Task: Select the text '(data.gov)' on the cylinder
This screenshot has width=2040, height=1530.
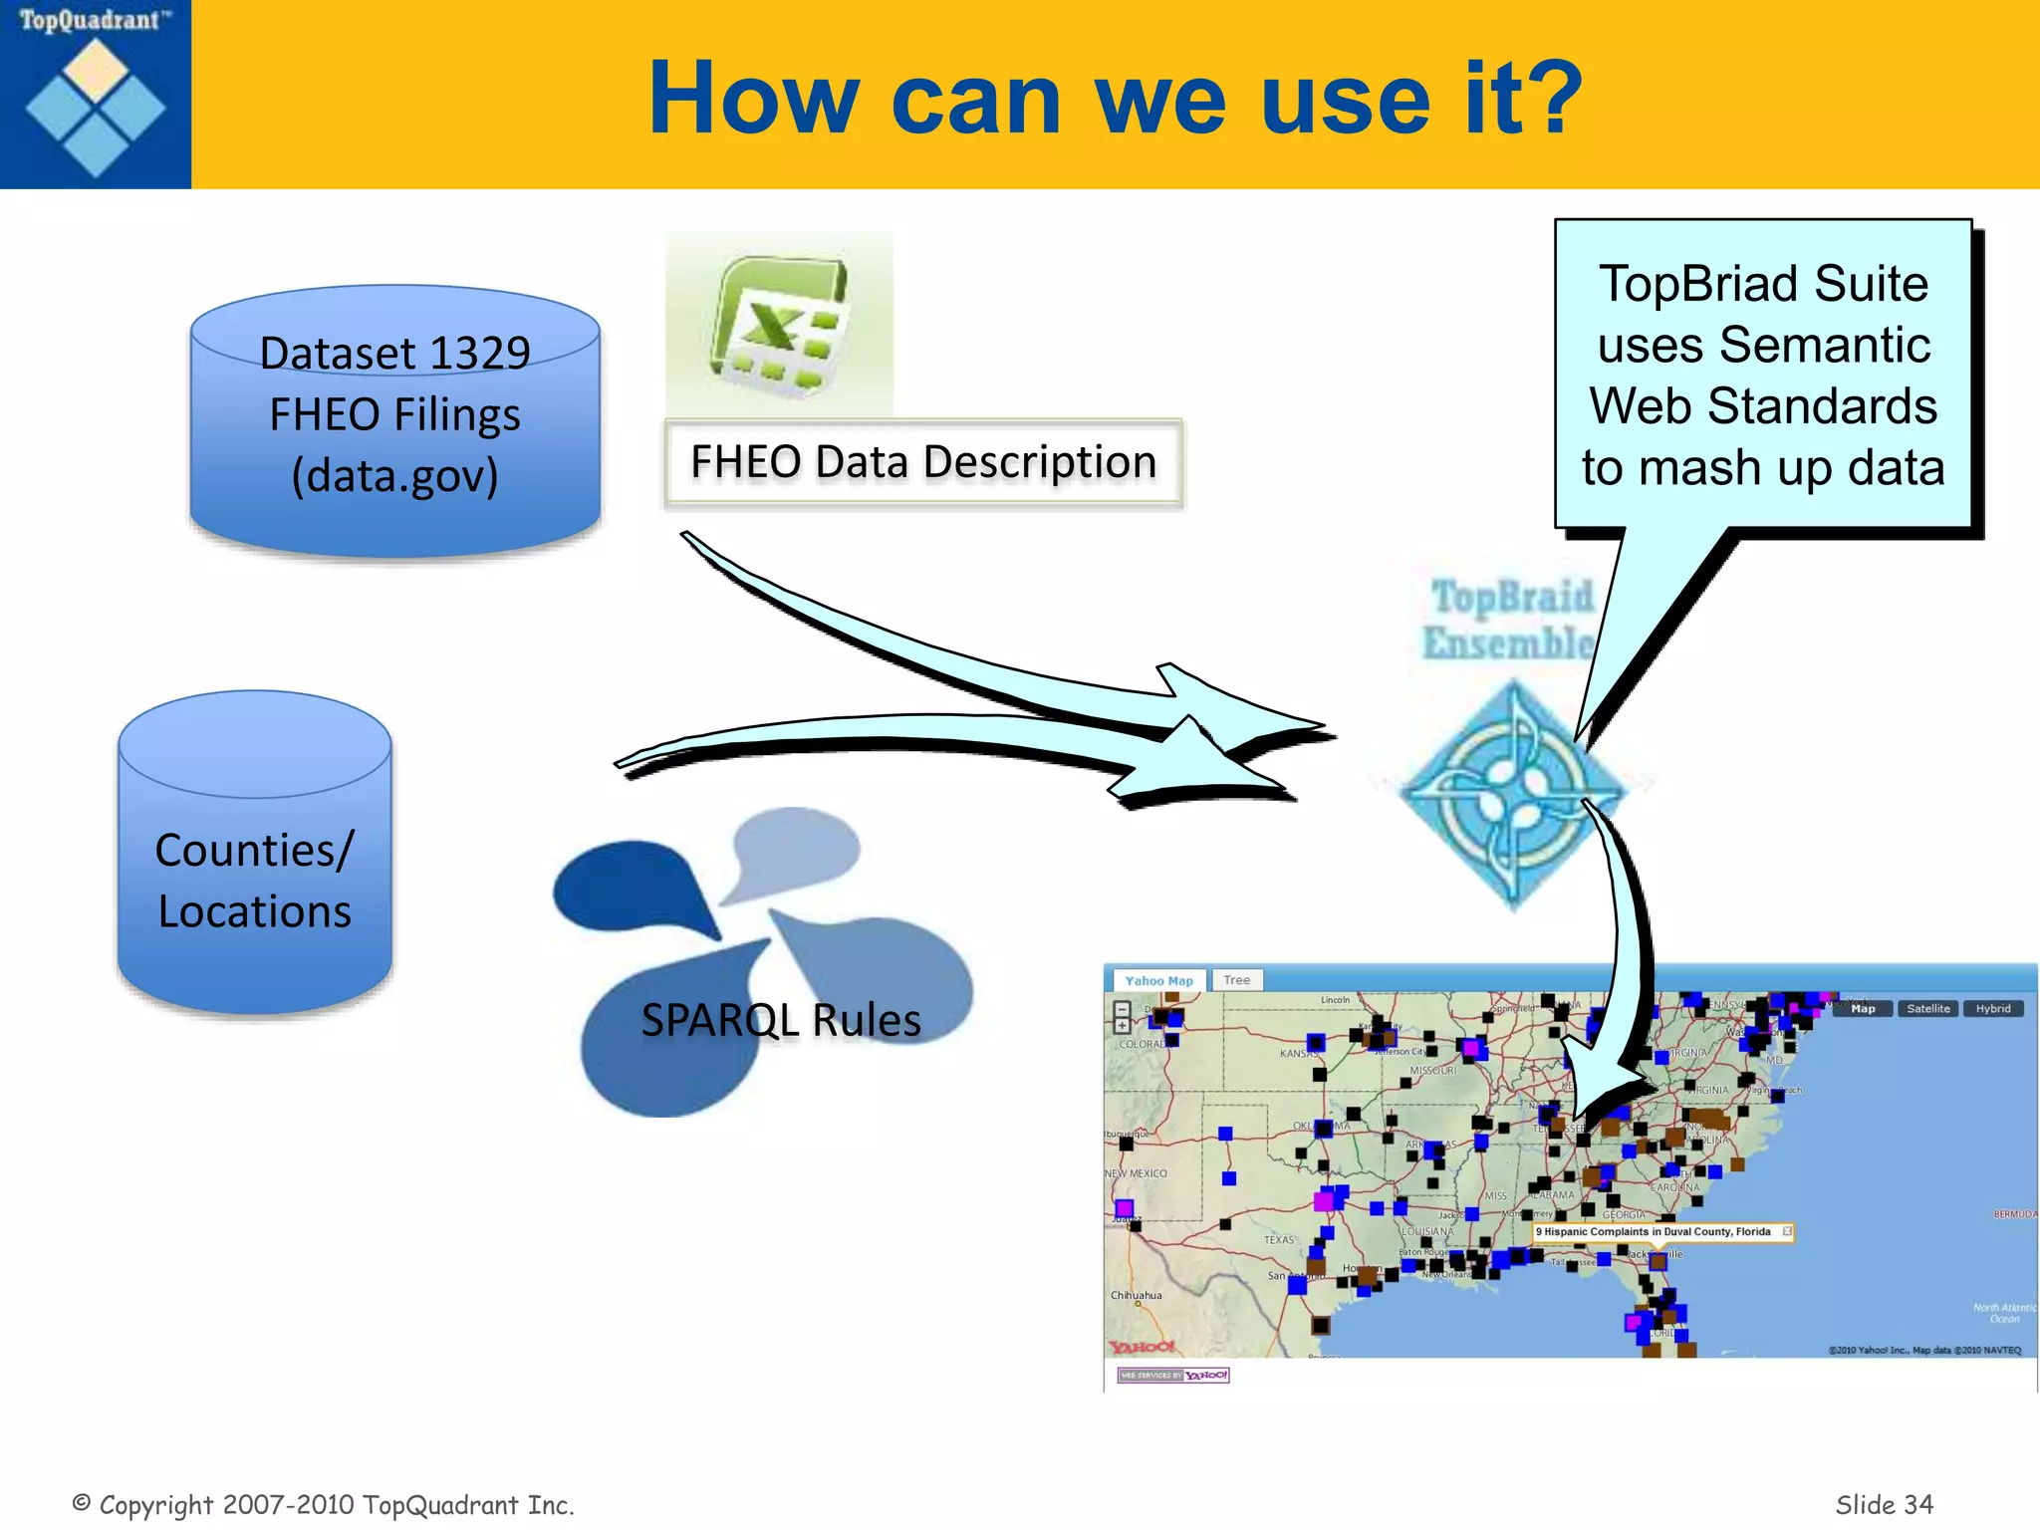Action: coord(394,475)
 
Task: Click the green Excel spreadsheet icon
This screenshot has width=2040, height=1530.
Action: coord(780,324)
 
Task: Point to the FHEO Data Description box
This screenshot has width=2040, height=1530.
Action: coord(923,463)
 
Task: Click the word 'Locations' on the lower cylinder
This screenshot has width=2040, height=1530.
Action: coord(255,911)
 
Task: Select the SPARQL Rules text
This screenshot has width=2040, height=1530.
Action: coord(780,1020)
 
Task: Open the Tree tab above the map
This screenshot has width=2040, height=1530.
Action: coord(1237,980)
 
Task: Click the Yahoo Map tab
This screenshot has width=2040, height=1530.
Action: coord(1158,981)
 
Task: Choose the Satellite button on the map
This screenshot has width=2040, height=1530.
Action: coord(1927,1009)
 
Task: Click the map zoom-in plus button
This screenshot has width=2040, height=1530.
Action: coord(1122,1025)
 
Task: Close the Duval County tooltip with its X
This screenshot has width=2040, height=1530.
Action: coord(1787,1232)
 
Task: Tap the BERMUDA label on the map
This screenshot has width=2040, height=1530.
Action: coord(2014,1214)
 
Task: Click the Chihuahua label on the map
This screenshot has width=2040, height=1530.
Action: coord(1136,1296)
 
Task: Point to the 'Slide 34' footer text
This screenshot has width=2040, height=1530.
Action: coord(1884,1504)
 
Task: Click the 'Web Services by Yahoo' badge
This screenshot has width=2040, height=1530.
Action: coord(1173,1376)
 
